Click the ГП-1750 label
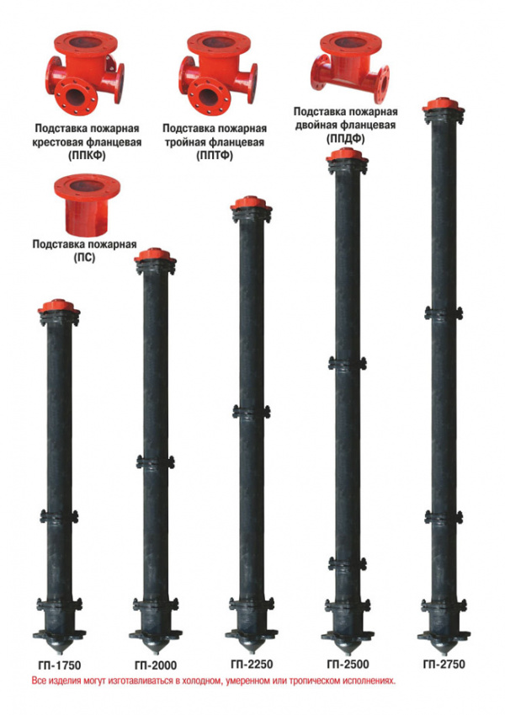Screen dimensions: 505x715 (60, 665)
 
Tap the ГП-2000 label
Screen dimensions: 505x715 (156, 665)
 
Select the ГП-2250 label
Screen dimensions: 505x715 (252, 664)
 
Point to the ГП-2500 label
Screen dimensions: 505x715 (348, 664)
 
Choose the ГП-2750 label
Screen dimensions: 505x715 (444, 664)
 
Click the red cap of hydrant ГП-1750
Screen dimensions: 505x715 (59, 307)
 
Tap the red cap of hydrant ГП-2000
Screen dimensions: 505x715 (155, 255)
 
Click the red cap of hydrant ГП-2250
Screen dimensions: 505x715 (251, 203)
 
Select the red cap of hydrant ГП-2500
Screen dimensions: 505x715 (348, 155)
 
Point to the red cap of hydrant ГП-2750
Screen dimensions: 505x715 (444, 105)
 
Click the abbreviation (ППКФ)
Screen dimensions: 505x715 (87, 156)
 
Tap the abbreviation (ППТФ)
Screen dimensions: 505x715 (215, 156)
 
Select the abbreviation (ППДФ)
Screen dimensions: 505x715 (345, 139)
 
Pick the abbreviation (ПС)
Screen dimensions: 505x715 (84, 258)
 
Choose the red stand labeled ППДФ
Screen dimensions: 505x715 (350, 65)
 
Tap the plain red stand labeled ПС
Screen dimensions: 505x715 (87, 204)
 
